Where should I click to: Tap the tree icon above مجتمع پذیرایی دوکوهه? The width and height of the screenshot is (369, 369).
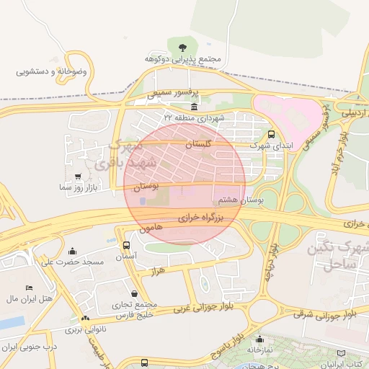(180, 45)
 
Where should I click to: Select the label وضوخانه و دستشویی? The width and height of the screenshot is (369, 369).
(52, 72)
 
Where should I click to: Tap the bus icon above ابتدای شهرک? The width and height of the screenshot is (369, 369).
(272, 134)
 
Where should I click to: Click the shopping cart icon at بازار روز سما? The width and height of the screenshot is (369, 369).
(78, 177)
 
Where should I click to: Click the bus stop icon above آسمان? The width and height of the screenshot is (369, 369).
(127, 245)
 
